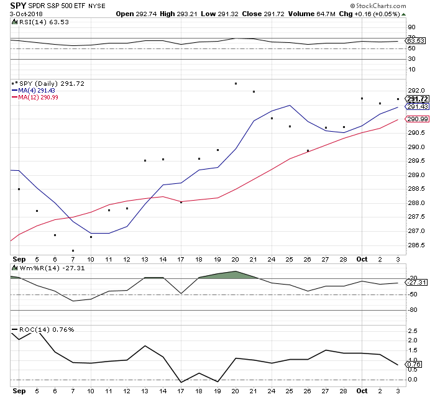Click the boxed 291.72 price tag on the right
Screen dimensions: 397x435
(x=416, y=99)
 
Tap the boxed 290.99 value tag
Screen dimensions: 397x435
(x=416, y=119)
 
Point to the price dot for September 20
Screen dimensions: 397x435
(x=236, y=83)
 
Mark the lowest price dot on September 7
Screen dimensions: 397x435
(x=73, y=250)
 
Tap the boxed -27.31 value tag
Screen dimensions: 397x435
(x=417, y=283)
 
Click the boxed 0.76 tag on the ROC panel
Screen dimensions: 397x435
(x=414, y=364)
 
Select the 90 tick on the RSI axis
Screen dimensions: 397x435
(x=411, y=27)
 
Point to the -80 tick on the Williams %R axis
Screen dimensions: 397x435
(x=413, y=311)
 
